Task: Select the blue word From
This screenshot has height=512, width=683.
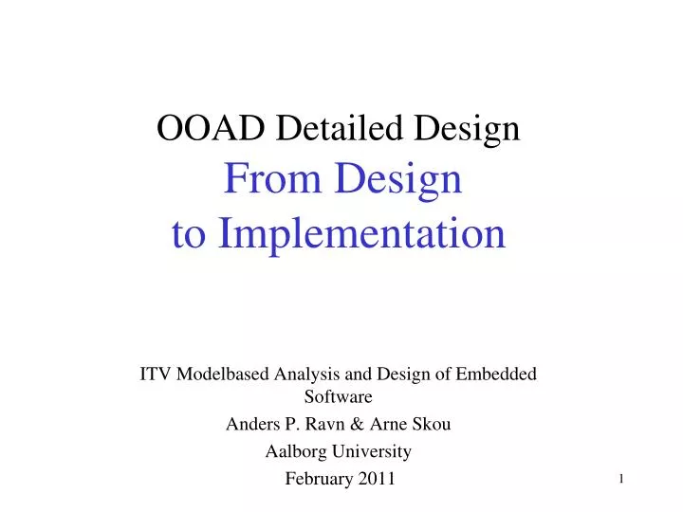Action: click(262, 180)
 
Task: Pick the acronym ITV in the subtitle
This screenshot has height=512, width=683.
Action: click(157, 374)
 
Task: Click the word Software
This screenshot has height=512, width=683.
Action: click(338, 396)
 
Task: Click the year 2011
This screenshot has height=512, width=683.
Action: click(377, 479)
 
